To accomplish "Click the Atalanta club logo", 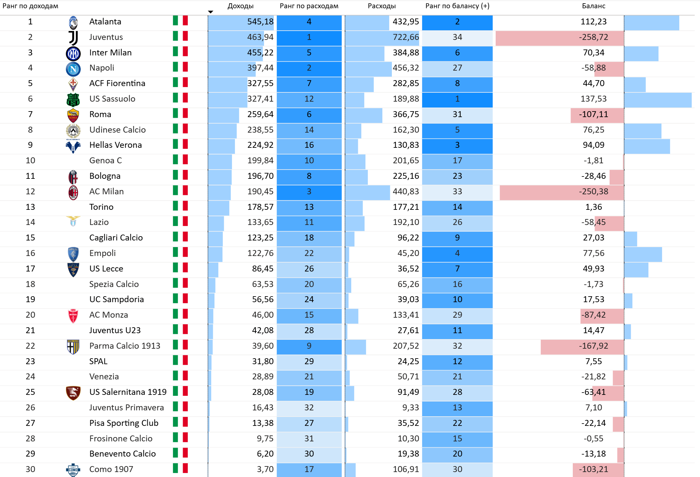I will click(73, 22).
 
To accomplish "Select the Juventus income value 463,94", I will click(260, 37).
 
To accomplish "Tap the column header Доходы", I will click(240, 6).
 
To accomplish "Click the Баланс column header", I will click(593, 6).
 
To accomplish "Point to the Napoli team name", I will click(102, 68).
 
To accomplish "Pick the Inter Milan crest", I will click(73, 53).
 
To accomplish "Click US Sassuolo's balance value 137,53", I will click(593, 99).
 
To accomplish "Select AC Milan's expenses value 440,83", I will click(406, 192).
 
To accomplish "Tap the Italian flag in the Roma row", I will click(180, 114).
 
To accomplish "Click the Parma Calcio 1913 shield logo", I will click(73, 346).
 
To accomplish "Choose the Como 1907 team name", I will click(111, 469).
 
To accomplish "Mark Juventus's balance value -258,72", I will click(593, 37).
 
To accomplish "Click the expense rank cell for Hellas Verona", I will click(309, 145).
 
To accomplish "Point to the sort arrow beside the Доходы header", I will click(211, 12).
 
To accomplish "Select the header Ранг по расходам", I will click(309, 6).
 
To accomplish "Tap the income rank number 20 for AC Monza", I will click(30, 315).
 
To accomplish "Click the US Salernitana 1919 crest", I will click(73, 393).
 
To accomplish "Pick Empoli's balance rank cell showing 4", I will click(457, 253).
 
